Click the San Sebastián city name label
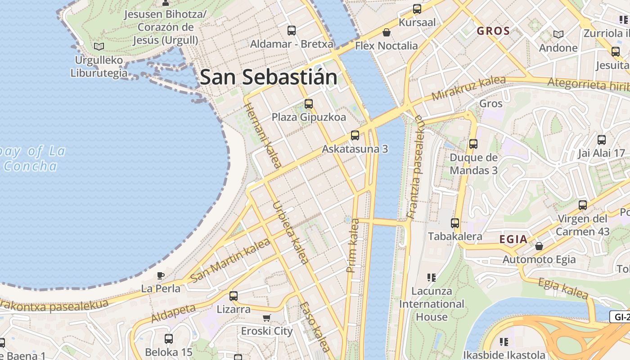coord(269,77)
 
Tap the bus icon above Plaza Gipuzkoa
coord(309,104)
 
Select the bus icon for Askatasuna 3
coord(355,135)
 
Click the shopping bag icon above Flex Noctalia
coord(386,32)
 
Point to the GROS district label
coord(493,31)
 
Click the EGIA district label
coord(513,239)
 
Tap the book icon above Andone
coord(558,34)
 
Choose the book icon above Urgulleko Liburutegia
coord(99,46)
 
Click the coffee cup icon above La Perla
coord(161,275)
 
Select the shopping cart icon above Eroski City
coord(267,318)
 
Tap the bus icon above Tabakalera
coord(455,223)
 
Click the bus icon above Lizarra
coord(234,296)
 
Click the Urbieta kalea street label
coord(291,232)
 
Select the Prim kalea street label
coord(353,245)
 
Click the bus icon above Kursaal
coord(417,9)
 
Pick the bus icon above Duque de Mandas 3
coord(473,144)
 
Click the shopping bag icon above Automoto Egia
coord(539,246)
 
